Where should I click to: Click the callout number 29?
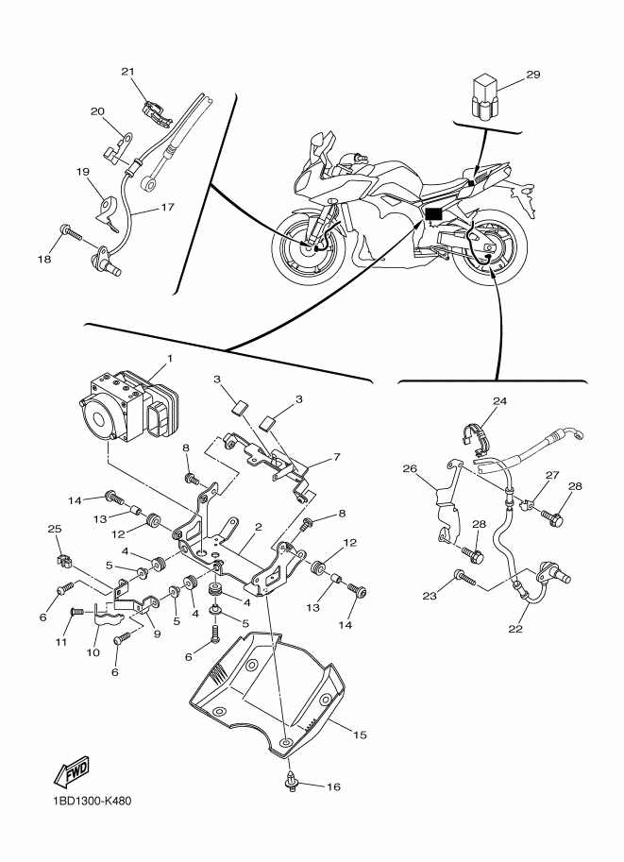[533, 75]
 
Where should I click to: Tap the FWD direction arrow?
[72, 772]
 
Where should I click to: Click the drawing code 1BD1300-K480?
[93, 801]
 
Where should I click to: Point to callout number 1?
[169, 359]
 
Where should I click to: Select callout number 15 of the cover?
[360, 735]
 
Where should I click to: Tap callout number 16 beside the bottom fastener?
[333, 786]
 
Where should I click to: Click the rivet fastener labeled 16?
[290, 781]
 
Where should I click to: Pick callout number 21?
[127, 72]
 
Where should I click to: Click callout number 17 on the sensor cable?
[167, 208]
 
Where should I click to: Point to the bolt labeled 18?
[73, 233]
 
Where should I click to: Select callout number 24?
[499, 401]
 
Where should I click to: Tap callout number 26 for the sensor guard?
[410, 469]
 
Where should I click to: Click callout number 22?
[515, 629]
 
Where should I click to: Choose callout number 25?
[55, 529]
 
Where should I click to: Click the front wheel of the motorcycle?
[308, 247]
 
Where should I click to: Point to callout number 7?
[336, 457]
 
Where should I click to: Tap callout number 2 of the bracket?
[259, 527]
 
